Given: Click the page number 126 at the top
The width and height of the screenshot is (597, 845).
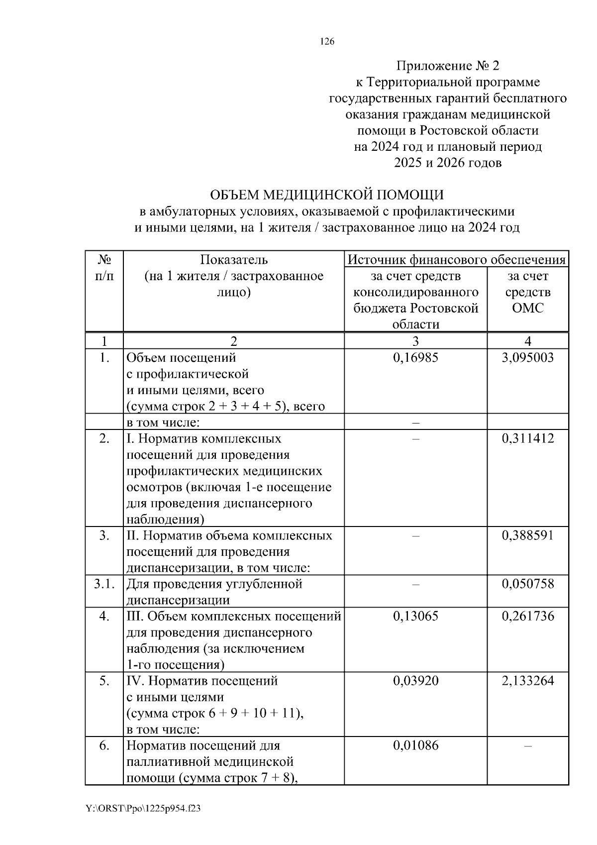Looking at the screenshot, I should coord(327,42).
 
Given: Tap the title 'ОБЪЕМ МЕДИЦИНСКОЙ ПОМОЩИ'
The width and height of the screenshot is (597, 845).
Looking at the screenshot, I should coord(326,194).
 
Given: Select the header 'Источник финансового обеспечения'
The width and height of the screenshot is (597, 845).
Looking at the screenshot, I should coord(456,259).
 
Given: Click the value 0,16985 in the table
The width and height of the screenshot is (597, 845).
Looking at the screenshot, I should coord(415,358).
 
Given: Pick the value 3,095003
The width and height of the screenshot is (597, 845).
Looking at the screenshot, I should coord(528,358).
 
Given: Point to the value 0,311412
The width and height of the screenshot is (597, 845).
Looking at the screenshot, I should coord(528,438).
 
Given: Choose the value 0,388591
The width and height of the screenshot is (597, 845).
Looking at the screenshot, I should coord(528,535).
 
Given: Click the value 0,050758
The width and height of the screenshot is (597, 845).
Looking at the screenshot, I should coord(528,584).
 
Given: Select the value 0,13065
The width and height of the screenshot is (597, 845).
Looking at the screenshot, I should coord(415,616).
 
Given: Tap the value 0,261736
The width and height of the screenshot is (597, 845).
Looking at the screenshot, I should coord(528,616).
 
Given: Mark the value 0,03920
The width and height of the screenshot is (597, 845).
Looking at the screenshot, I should coord(415,681).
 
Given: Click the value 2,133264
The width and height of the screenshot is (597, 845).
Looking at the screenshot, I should coord(528,681).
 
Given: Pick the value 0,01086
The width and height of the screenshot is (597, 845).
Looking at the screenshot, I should coord(415,745).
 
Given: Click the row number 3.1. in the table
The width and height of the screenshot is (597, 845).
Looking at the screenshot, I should coord(104,584).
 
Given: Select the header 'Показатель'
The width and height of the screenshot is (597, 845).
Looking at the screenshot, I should coord(234,260).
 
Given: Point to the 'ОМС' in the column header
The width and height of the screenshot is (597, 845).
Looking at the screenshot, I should coord(528,308).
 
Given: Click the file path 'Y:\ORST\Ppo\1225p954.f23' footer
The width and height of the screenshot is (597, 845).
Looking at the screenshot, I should coord(143,809).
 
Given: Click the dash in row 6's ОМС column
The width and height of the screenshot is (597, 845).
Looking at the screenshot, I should coord(528,746).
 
